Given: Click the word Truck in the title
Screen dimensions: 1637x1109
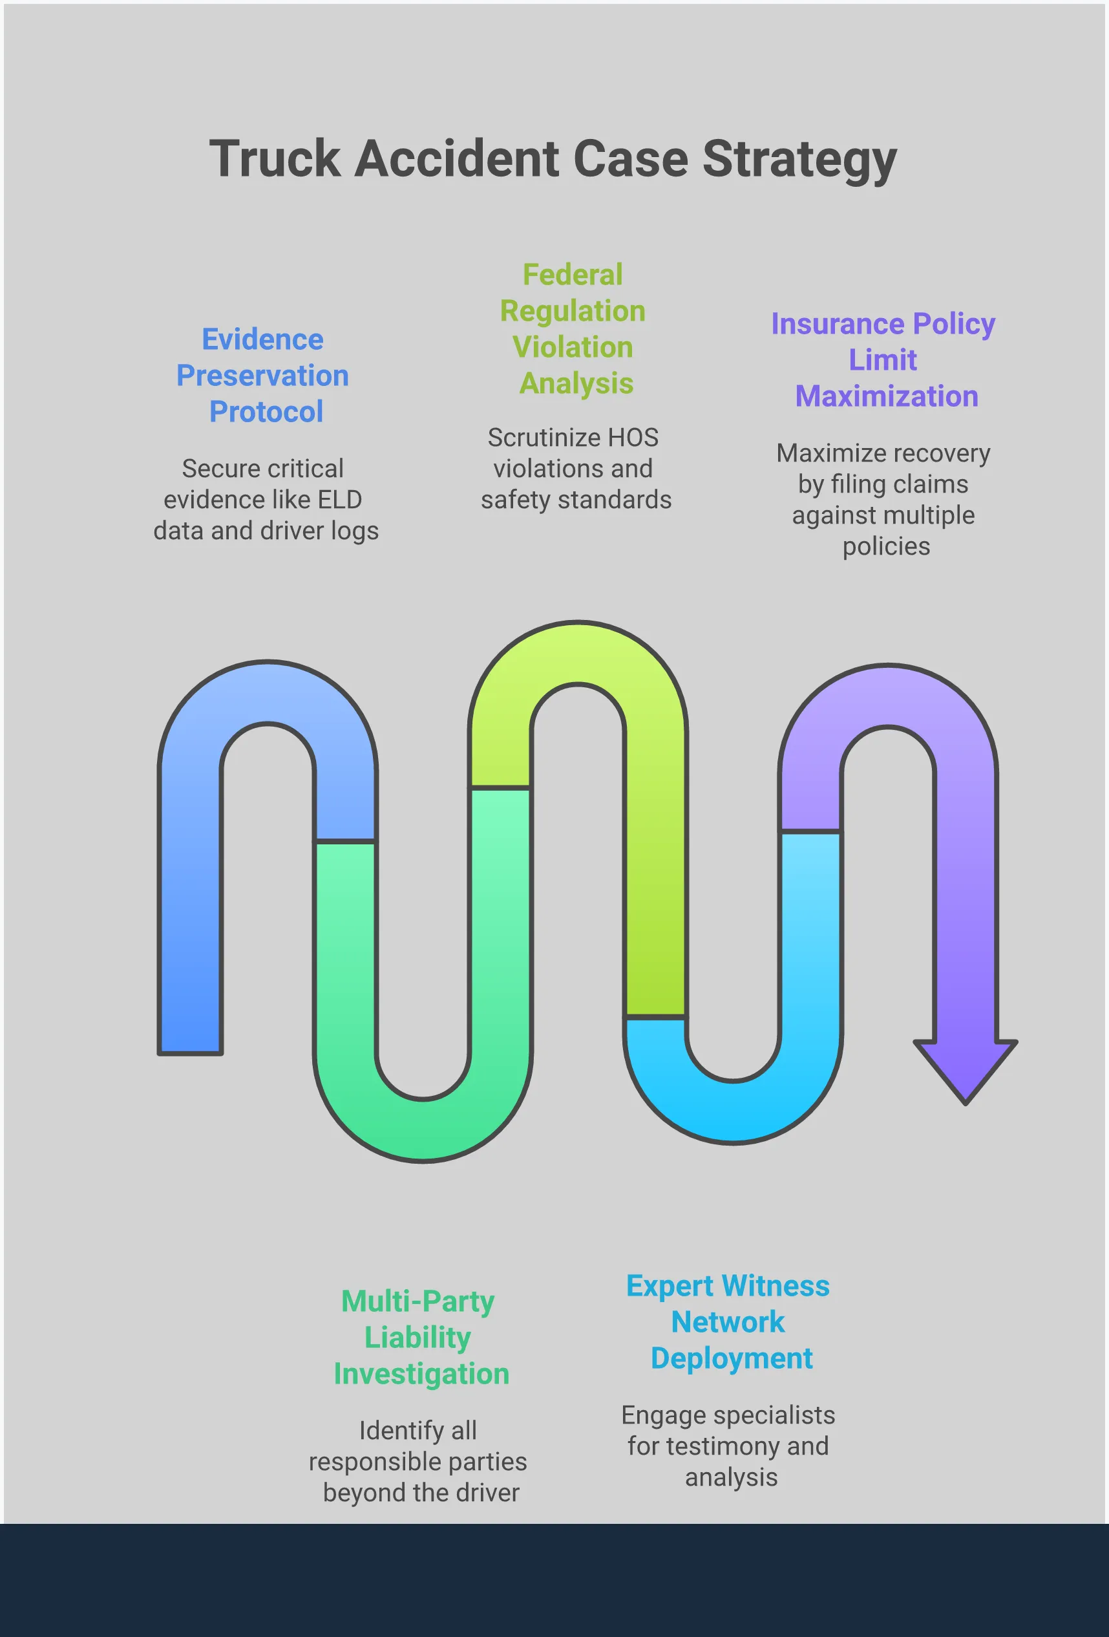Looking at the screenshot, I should (x=275, y=158).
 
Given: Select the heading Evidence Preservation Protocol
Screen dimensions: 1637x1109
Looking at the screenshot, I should (x=262, y=376).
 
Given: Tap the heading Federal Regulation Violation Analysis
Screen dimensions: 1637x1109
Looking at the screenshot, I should (x=573, y=329).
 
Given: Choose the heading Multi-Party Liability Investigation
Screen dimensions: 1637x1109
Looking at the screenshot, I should (x=420, y=1337).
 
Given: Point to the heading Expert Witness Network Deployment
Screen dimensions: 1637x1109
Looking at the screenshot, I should (x=729, y=1321).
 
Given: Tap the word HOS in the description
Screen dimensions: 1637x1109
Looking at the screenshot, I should (x=632, y=438).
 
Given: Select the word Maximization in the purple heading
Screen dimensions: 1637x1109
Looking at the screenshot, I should (x=887, y=396).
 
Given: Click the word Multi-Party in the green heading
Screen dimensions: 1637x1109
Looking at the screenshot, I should (x=417, y=1301).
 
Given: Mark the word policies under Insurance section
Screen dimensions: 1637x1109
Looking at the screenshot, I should (x=886, y=546).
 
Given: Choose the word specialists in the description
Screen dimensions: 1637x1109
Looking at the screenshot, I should (x=772, y=1415).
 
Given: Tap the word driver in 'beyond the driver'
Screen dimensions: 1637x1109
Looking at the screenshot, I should (x=486, y=1493).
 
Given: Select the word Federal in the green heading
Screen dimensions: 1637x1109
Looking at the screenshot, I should (x=573, y=275).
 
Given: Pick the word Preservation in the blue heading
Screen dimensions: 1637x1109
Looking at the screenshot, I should (x=262, y=376).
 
